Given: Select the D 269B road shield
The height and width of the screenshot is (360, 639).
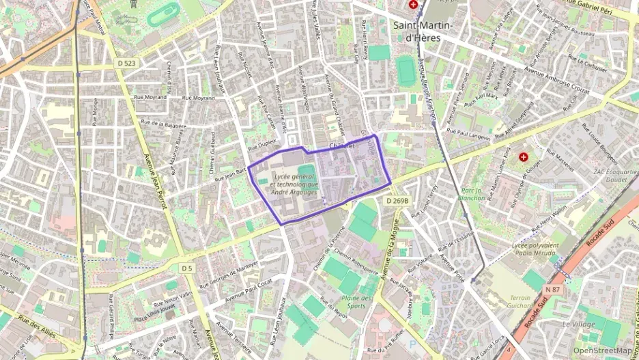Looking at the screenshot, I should [397, 201].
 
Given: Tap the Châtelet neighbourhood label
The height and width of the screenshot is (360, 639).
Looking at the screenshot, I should [342, 146].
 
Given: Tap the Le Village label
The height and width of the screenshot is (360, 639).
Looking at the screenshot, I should [577, 323].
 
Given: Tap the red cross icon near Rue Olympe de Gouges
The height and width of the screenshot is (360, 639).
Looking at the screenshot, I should [523, 156].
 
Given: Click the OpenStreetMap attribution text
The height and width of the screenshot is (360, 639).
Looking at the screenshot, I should [602, 350].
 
